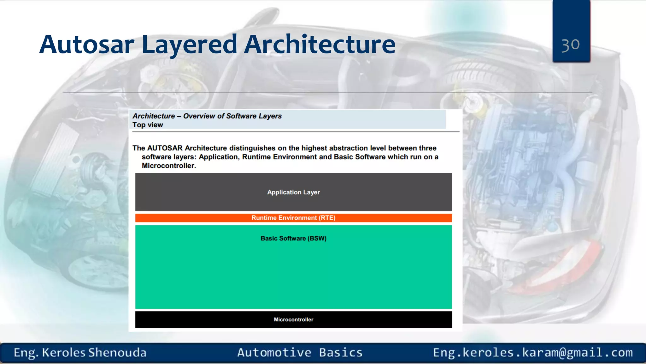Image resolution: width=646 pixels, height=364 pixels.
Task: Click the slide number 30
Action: (x=571, y=45)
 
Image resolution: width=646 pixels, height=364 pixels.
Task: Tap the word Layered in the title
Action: (x=189, y=45)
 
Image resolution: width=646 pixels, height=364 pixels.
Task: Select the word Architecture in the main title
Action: (x=320, y=45)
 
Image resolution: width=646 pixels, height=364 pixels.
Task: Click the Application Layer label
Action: (x=293, y=192)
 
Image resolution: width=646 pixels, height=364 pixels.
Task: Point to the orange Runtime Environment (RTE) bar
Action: (x=293, y=218)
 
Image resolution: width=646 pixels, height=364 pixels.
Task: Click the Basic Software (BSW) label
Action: (x=293, y=239)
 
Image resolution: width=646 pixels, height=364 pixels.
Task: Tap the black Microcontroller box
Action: (x=293, y=319)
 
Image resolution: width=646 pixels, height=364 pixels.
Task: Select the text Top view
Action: (x=148, y=125)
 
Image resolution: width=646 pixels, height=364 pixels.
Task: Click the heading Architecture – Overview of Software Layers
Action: (x=207, y=116)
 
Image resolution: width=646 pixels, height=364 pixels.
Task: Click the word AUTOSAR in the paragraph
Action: (x=165, y=148)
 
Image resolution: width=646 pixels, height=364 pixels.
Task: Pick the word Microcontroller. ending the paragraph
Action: (x=169, y=166)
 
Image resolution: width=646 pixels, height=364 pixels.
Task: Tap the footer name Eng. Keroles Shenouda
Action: (x=80, y=353)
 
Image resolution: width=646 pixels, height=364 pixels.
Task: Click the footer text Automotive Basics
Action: (x=300, y=353)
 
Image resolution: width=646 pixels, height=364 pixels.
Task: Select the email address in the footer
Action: (x=533, y=353)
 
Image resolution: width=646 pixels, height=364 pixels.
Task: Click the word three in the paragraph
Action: (x=427, y=148)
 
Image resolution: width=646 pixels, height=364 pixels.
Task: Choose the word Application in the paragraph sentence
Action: (x=218, y=157)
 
